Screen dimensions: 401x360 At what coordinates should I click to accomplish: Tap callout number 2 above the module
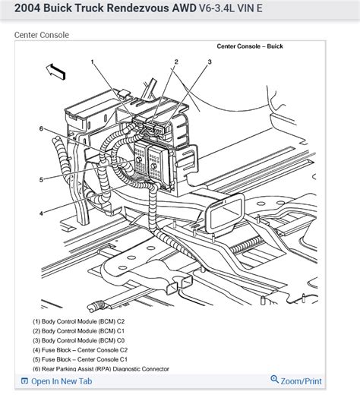pyautogui.click(x=175, y=62)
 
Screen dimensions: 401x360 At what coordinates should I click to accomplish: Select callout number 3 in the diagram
pyautogui.click(x=209, y=62)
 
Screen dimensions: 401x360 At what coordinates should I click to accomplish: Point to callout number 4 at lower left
pyautogui.click(x=41, y=213)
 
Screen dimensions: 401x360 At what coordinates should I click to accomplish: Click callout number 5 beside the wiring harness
pyautogui.click(x=41, y=179)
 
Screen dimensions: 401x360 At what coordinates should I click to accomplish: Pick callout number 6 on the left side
pyautogui.click(x=41, y=128)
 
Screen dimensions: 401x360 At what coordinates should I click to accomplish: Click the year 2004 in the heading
pyautogui.click(x=21, y=9)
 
